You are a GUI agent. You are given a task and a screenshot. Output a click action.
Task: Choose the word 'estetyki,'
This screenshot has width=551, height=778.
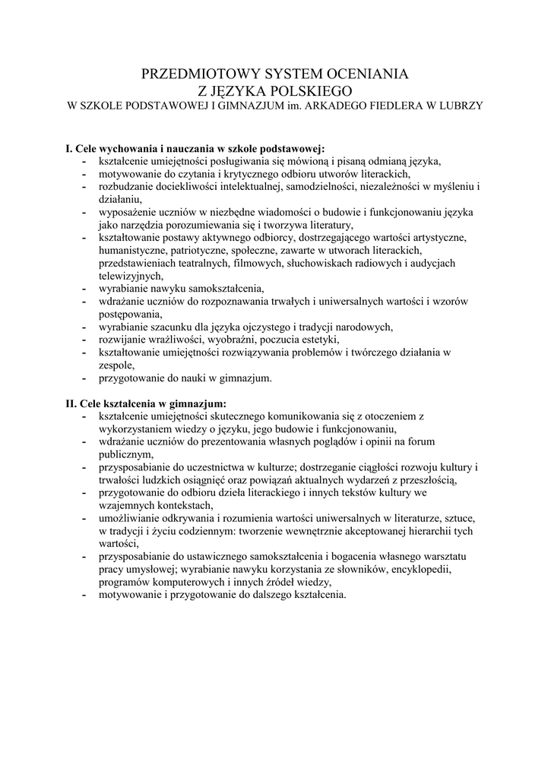point(318,339)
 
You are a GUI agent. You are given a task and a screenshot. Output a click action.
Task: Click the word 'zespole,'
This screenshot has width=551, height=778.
point(116,365)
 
